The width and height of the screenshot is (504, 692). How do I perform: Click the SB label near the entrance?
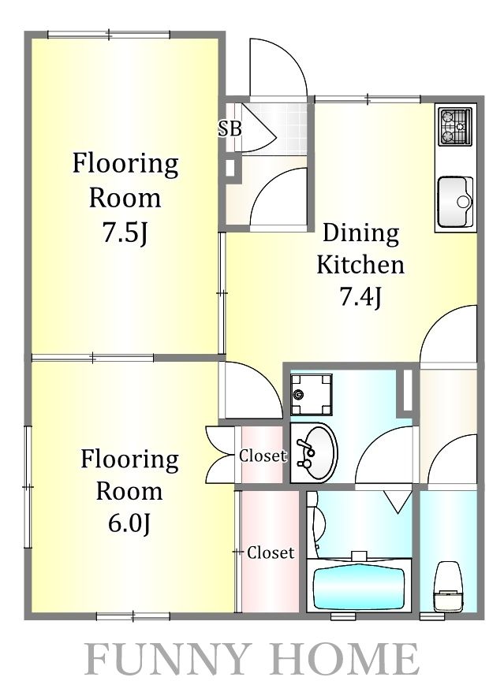tap(230, 129)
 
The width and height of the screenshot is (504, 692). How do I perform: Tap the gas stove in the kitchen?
tap(455, 126)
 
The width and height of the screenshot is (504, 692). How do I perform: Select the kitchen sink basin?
tap(455, 202)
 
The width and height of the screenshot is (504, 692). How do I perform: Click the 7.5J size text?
tap(125, 233)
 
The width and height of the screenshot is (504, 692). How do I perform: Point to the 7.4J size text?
tap(360, 297)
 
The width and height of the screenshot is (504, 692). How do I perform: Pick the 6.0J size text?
tap(129, 524)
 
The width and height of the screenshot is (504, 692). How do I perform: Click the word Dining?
tap(361, 233)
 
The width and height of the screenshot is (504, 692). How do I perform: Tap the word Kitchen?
tap(360, 265)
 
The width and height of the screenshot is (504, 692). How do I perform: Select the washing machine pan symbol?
tap(311, 394)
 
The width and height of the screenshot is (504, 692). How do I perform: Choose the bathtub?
tap(359, 585)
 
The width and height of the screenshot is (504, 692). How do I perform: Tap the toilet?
tap(448, 586)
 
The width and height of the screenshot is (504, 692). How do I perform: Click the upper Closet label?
tap(263, 456)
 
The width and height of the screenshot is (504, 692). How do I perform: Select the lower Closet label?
tap(271, 552)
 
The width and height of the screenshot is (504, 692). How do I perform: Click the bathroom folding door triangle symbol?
tap(398, 502)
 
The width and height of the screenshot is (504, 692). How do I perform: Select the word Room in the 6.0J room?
tap(129, 492)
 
